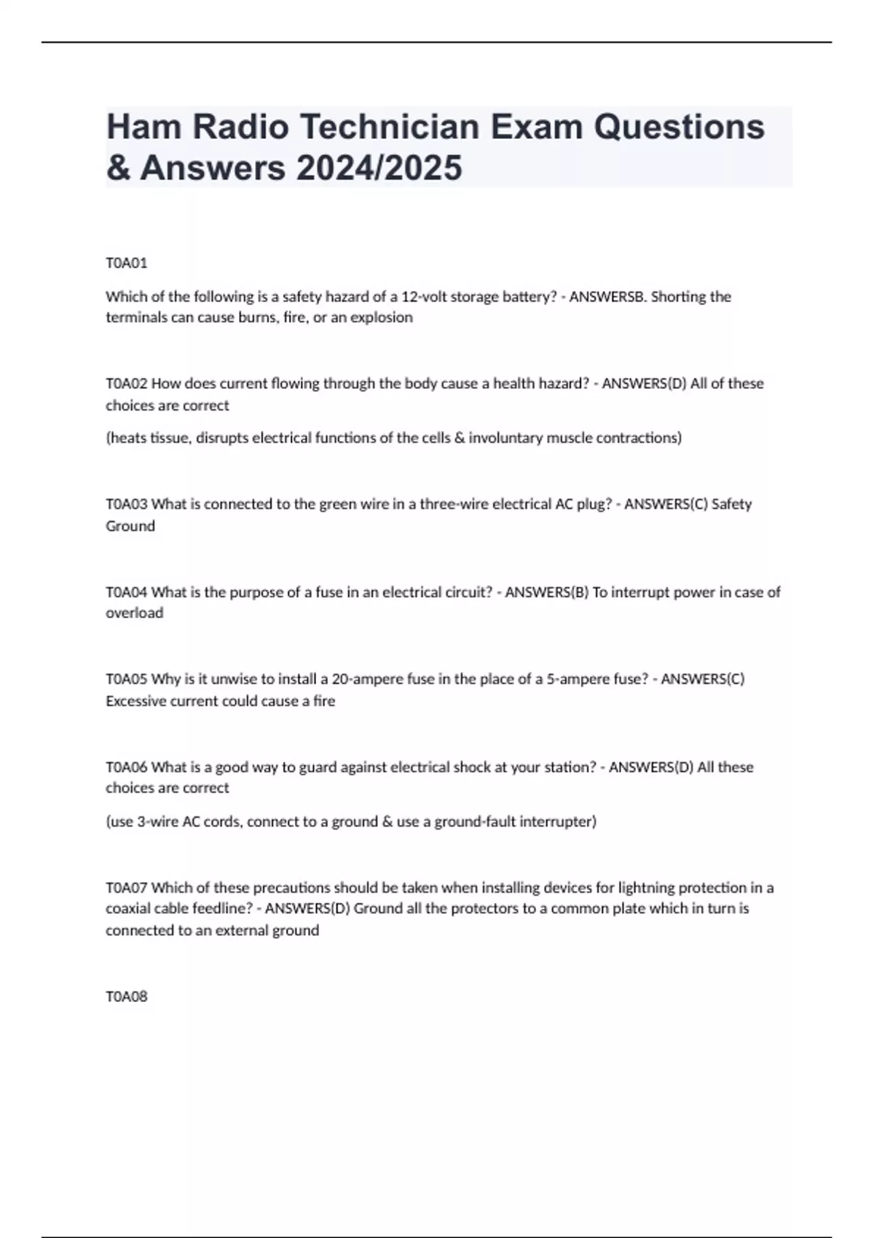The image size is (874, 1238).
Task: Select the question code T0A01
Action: [x=127, y=263]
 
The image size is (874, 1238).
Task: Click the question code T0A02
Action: [x=127, y=384]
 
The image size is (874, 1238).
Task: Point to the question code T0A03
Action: [x=127, y=504]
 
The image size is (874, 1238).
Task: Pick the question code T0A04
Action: [x=127, y=592]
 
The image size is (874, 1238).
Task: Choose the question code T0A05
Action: [x=127, y=679]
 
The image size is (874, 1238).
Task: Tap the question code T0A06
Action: [x=127, y=767]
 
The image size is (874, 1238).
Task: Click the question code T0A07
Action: [x=127, y=888]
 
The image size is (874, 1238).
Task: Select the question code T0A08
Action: [x=127, y=996]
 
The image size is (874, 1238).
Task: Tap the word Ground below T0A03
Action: [x=130, y=526]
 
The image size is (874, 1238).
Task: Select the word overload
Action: [x=135, y=613]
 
